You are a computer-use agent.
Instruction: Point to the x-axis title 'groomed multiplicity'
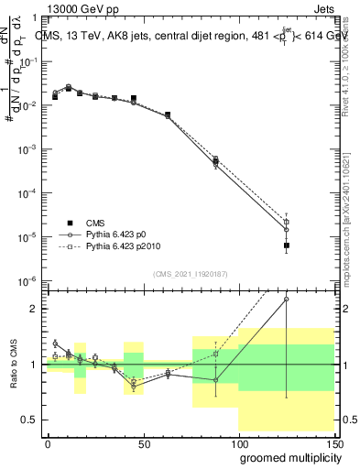point(286,456)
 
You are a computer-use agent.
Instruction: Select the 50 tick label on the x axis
point(142,442)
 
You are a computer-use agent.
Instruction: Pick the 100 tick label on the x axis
point(238,442)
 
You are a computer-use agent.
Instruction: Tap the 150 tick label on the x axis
point(333,442)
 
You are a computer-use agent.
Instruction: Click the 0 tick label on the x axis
point(47,442)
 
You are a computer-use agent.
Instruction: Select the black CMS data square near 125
point(287,245)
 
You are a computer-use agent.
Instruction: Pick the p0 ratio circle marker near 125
point(287,299)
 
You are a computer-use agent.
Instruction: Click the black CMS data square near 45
point(133,98)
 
